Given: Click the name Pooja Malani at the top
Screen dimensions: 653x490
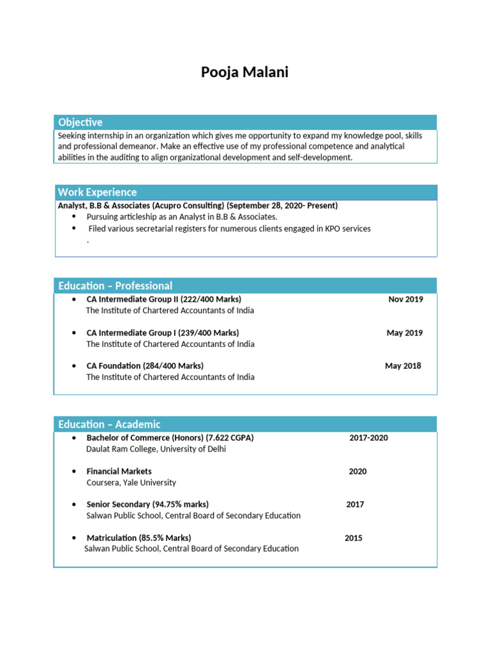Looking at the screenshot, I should [x=245, y=72].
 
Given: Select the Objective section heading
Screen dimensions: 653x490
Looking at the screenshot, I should [x=80, y=122].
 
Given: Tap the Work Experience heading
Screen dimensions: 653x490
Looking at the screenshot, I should [x=97, y=192].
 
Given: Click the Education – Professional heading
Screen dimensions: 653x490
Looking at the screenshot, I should [x=115, y=286].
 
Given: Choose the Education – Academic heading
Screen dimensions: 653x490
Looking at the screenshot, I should [x=109, y=424].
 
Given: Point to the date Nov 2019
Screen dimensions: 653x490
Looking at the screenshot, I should [x=405, y=299].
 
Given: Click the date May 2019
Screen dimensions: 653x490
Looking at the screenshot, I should [x=405, y=333].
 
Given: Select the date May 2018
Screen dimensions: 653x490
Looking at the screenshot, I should [x=403, y=366].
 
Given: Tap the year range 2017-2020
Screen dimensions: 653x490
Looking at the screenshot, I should [x=368, y=438].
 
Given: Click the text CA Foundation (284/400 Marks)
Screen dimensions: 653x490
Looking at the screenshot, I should [x=145, y=366].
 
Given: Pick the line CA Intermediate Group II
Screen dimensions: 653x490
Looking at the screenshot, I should [x=163, y=299].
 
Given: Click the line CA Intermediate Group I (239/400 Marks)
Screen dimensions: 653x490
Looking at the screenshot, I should [x=163, y=333].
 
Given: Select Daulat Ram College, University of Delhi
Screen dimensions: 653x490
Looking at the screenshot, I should [x=156, y=449].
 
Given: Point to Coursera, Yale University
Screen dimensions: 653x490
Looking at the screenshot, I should [x=131, y=483].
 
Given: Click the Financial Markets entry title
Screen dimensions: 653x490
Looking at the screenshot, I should [x=120, y=471].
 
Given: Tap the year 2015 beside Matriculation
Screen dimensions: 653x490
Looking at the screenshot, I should [x=353, y=538].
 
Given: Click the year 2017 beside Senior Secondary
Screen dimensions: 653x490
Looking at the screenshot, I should [x=355, y=504].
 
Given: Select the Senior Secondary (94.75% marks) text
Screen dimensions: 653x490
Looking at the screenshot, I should [x=147, y=504].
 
